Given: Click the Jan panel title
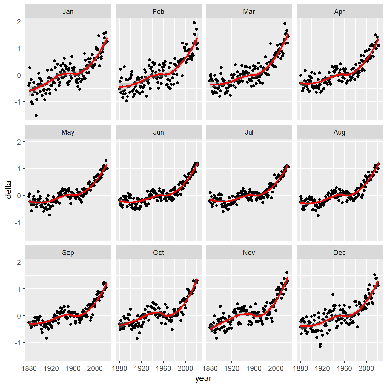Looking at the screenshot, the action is [x=68, y=12].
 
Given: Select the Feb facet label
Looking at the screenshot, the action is [x=159, y=12].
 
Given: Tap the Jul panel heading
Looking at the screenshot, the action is [x=249, y=132].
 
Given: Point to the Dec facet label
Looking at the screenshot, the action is [x=340, y=253].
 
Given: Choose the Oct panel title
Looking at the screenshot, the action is [x=159, y=253].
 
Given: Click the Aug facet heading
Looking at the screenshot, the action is [x=340, y=133].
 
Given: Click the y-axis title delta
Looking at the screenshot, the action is [x=8, y=190].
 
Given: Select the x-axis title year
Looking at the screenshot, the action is [x=203, y=378].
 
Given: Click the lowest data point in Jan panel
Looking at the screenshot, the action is [x=36, y=116].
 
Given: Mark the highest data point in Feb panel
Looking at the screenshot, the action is [x=194, y=23].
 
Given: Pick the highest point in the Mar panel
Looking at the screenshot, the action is [x=285, y=24].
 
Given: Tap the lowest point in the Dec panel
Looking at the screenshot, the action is [x=320, y=346].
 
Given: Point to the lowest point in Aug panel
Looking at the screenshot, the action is [x=318, y=216].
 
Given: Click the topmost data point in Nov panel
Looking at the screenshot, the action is [x=287, y=272].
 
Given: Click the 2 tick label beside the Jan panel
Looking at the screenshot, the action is [x=19, y=21].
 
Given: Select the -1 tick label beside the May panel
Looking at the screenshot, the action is [x=18, y=222].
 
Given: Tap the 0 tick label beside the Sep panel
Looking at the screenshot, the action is [x=19, y=316].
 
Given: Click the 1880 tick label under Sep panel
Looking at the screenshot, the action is [x=29, y=368].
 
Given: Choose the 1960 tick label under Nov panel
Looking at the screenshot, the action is [x=254, y=368].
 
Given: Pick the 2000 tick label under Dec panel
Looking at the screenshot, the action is [x=366, y=368].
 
